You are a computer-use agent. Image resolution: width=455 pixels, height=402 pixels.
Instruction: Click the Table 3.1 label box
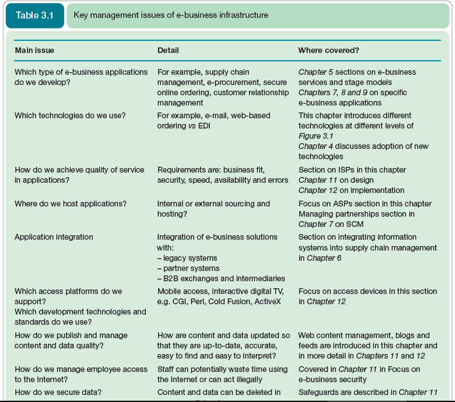tap(35, 15)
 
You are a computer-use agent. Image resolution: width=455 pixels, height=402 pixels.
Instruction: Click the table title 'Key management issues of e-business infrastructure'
tap(171, 15)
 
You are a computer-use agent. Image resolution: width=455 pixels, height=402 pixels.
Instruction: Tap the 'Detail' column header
tap(168, 50)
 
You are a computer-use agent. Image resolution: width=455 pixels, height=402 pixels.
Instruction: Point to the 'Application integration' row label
tap(54, 237)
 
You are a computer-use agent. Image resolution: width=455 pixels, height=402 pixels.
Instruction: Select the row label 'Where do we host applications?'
tap(70, 204)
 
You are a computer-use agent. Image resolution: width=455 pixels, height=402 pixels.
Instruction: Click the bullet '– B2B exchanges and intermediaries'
tap(221, 279)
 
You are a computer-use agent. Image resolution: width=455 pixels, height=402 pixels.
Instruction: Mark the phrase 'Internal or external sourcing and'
tap(214, 204)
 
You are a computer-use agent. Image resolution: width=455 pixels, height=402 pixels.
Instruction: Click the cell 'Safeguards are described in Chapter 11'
tap(368, 392)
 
